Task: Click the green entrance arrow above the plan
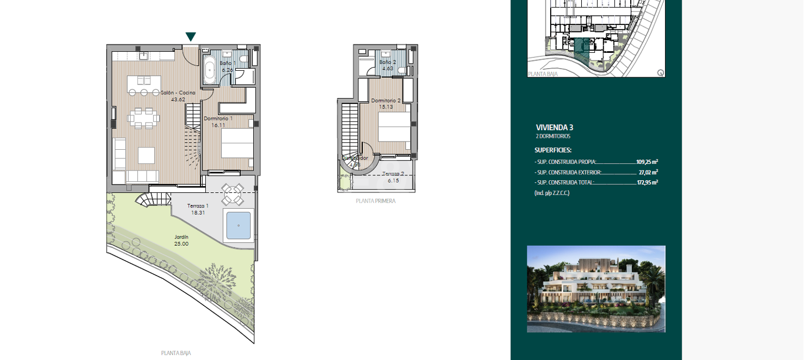click(191, 37)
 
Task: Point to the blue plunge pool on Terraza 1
click(239, 225)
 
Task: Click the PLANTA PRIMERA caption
click(375, 201)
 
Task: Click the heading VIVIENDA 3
click(555, 127)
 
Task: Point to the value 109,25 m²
click(647, 162)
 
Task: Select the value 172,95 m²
click(647, 182)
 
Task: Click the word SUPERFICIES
click(553, 150)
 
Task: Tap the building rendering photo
click(596, 289)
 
